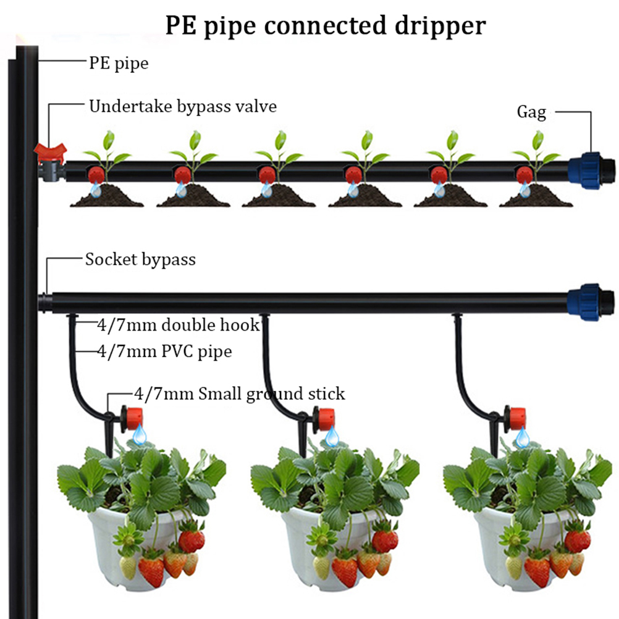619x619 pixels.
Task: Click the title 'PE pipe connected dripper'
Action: coord(325,25)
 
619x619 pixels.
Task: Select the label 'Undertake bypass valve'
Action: coord(183,106)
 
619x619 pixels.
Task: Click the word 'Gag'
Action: coord(531,112)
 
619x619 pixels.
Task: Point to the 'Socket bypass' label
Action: coord(140,259)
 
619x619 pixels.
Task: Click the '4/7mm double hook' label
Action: coord(178,324)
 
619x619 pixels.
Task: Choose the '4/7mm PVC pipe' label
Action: coord(164,352)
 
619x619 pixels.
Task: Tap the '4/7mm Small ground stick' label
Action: coord(239,394)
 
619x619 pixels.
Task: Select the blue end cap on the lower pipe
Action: coord(591,301)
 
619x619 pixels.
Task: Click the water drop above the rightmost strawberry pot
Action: coord(523,438)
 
